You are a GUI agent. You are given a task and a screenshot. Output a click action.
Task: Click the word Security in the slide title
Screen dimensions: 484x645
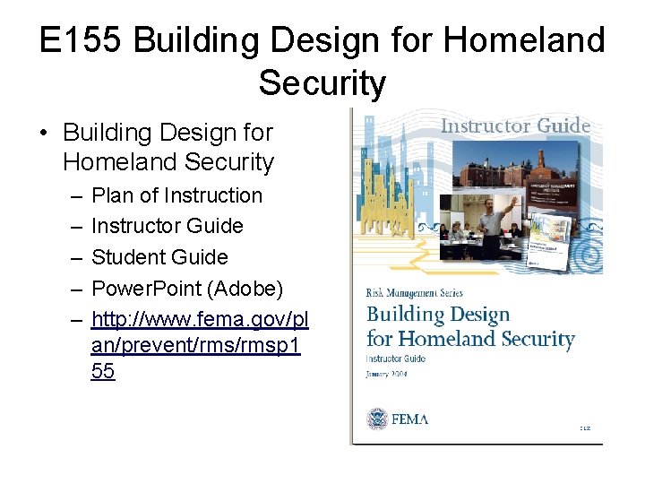point(322,83)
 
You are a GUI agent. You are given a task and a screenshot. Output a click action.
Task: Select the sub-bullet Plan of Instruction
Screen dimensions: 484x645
point(176,195)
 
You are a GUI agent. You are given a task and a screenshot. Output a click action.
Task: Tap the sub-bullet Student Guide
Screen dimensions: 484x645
point(159,256)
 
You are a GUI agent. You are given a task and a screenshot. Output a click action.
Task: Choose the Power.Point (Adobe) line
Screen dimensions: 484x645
point(187,288)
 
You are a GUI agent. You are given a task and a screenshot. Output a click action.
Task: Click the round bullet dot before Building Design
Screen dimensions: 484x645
point(43,133)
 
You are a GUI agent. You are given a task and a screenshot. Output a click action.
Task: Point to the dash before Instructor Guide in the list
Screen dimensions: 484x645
point(72,226)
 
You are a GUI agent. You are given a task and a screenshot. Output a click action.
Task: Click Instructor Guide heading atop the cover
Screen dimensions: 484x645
point(515,125)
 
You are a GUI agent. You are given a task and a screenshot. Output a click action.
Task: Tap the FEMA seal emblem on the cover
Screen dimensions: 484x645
point(377,419)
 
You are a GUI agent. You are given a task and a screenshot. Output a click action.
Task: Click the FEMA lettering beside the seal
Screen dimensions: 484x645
point(409,419)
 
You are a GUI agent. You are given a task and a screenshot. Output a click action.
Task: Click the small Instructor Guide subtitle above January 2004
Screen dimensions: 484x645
point(396,359)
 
